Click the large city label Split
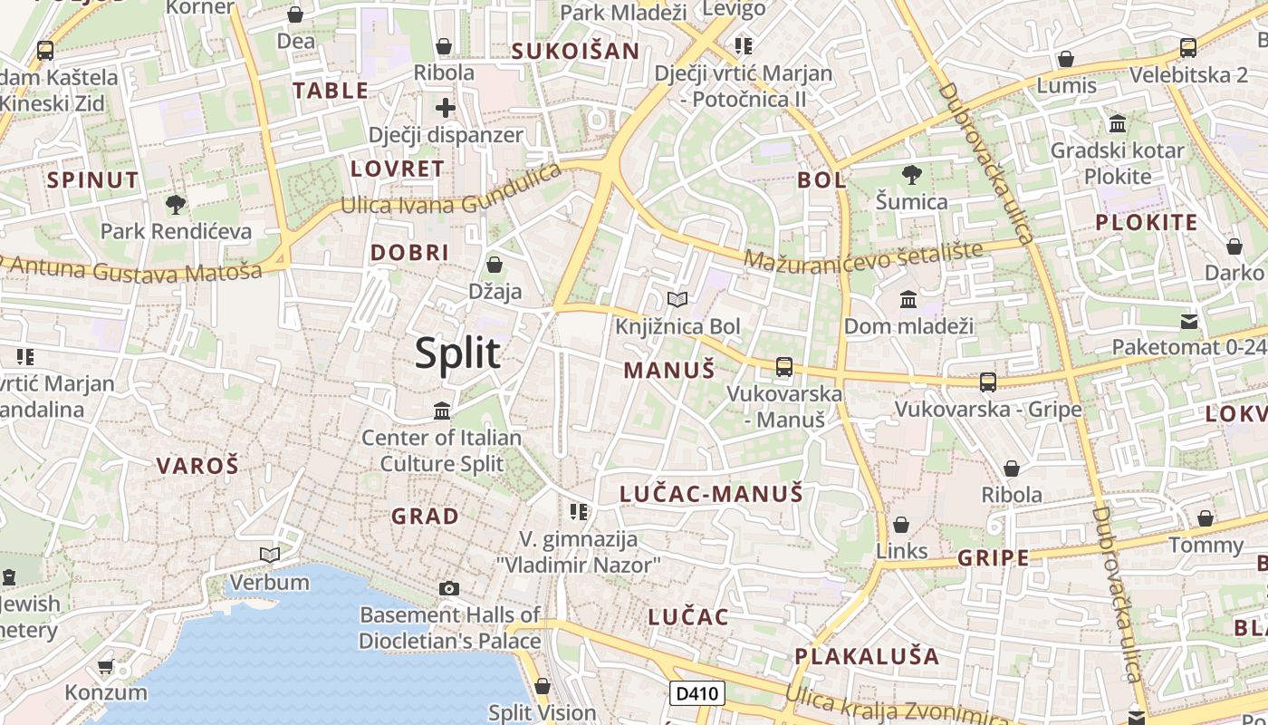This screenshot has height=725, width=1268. [457, 353]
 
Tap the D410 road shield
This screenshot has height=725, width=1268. [697, 694]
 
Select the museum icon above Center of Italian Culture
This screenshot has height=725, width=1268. [442, 411]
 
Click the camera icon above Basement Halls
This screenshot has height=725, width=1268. [448, 589]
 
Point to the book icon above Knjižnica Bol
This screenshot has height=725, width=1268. [677, 299]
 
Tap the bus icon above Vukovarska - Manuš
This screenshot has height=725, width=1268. [784, 367]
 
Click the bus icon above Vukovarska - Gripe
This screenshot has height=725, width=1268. [988, 382]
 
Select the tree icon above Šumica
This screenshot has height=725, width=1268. [911, 175]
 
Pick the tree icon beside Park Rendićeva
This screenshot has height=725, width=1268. [176, 205]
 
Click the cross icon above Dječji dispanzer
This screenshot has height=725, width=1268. [446, 109]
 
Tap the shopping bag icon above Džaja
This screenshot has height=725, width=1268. [495, 265]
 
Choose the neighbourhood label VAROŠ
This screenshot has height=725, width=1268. [197, 466]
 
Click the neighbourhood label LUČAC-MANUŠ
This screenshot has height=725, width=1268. [711, 494]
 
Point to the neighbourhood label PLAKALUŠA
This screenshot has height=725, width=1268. [867, 655]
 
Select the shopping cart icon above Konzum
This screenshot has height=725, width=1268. [106, 667]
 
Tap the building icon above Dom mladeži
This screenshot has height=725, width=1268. [908, 299]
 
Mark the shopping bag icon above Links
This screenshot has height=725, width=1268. [901, 525]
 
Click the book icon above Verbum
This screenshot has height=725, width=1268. [269, 555]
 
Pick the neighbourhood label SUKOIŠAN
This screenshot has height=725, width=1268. [575, 52]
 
